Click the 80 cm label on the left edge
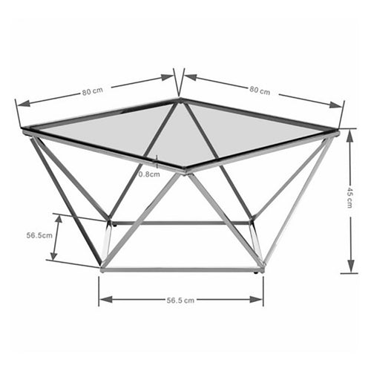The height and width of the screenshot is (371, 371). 92,92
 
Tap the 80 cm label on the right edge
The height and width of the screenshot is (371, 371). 260,91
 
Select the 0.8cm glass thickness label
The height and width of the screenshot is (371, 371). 149,175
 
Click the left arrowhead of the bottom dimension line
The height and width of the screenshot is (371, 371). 102,300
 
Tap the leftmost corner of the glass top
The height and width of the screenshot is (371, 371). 24,131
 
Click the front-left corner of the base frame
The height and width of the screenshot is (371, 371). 102,269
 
